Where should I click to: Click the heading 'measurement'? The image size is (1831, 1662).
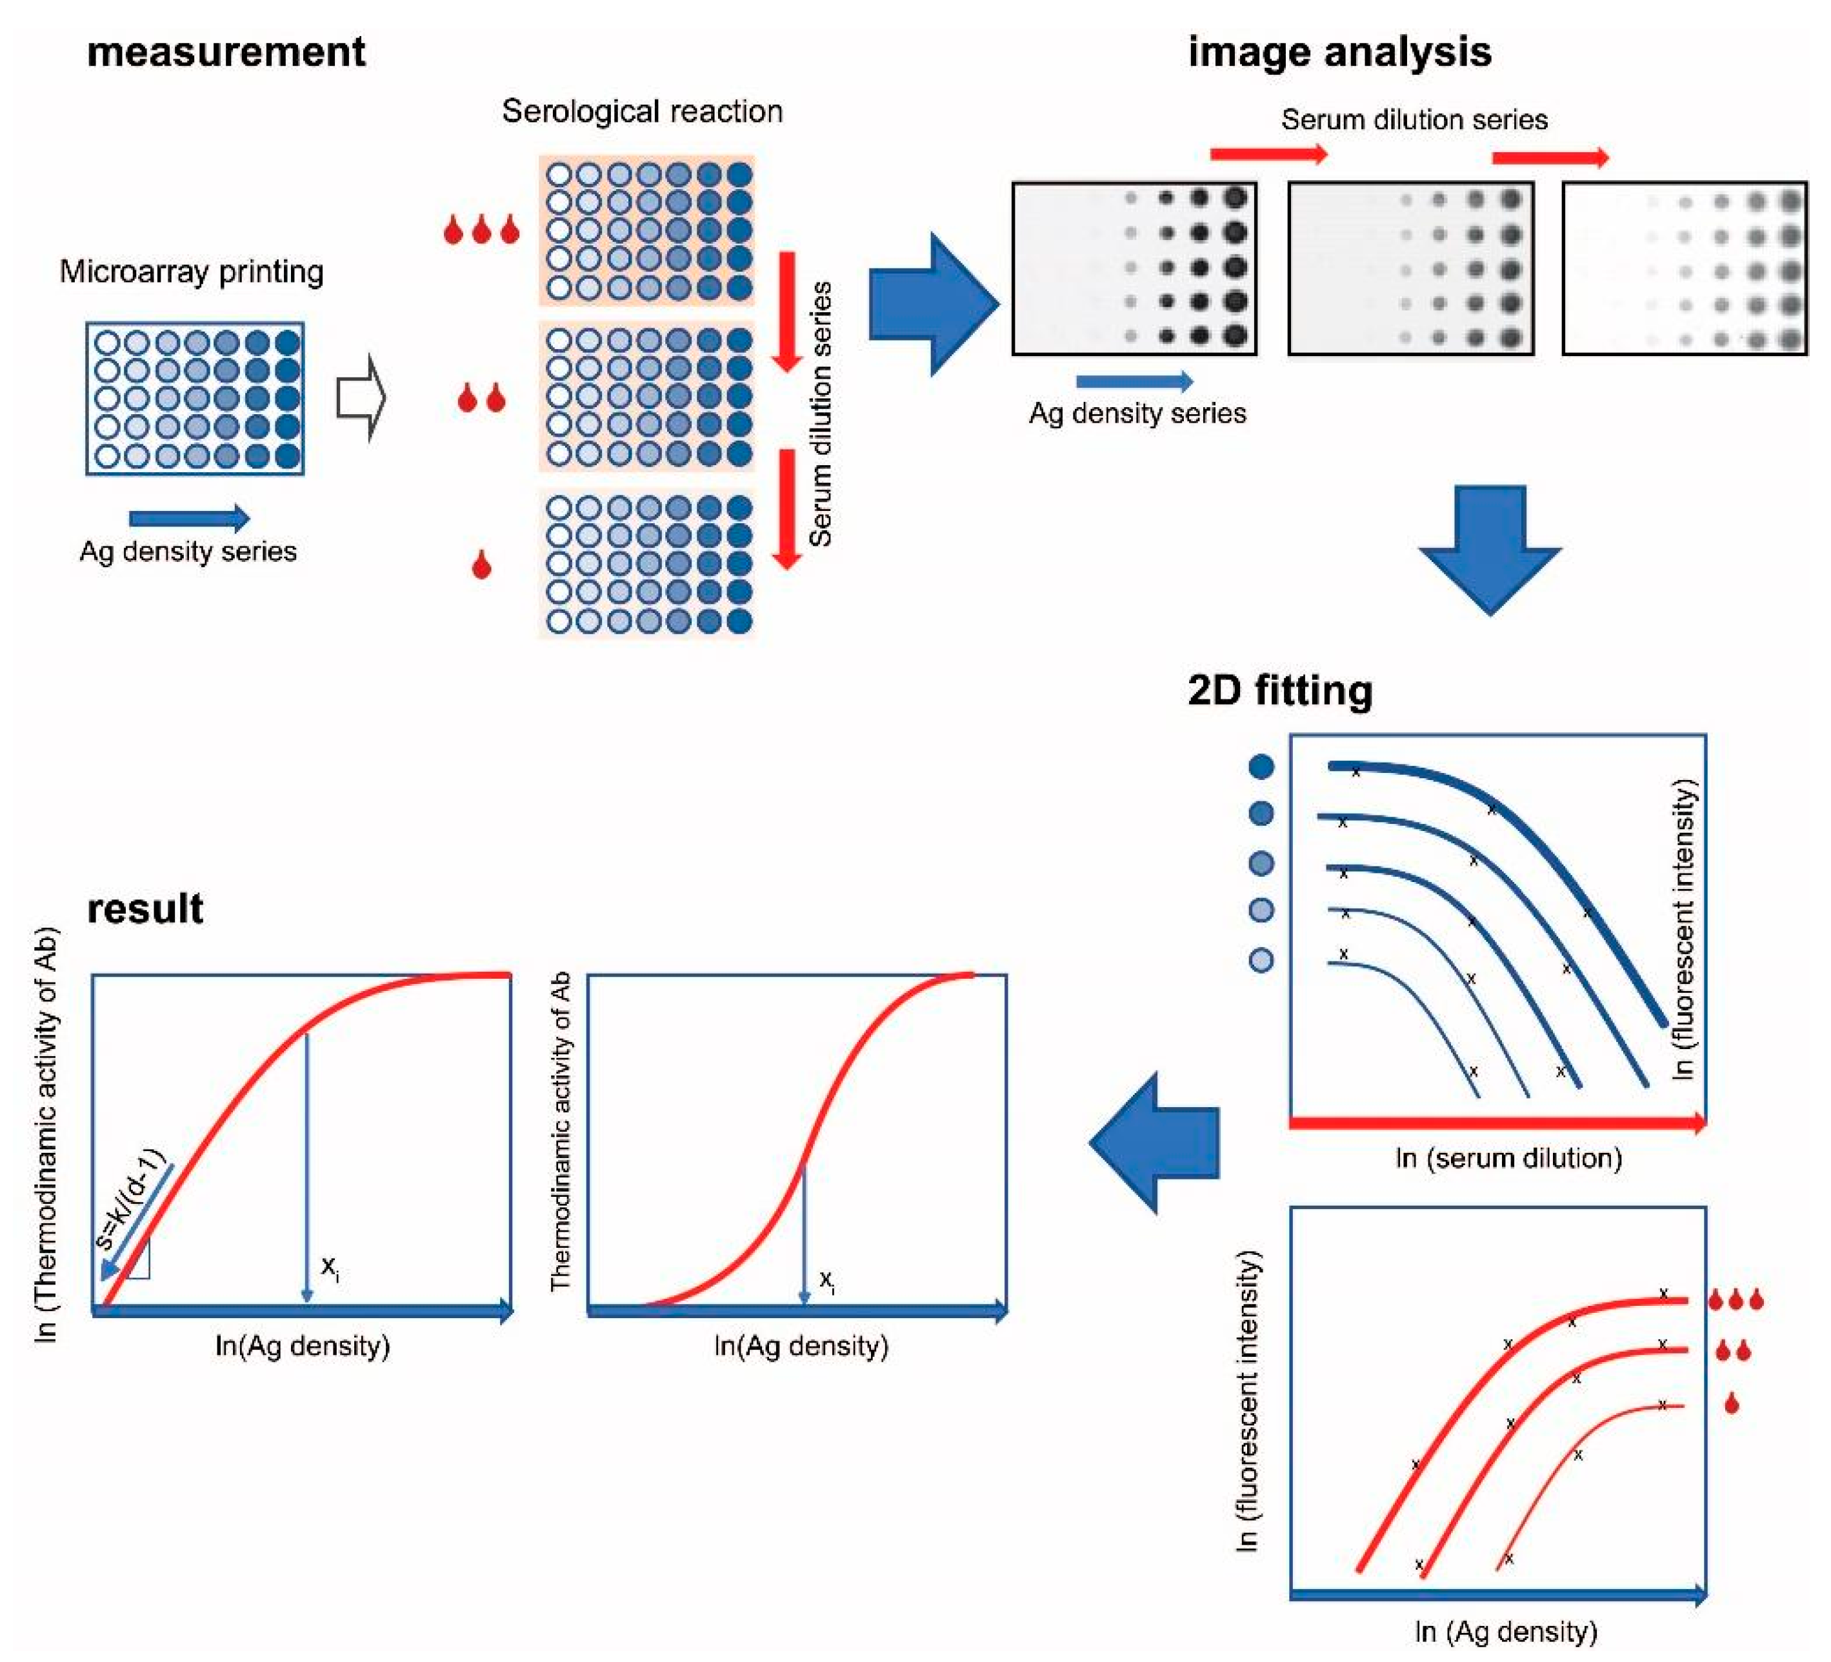click(x=226, y=52)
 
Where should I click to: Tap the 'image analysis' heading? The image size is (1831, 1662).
click(x=1339, y=52)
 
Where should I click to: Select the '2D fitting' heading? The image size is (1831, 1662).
click(x=1280, y=691)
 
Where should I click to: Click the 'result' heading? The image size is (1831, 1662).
click(x=145, y=909)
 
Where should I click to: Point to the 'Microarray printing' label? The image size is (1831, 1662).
click(x=192, y=272)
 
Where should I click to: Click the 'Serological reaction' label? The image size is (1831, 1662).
click(x=642, y=112)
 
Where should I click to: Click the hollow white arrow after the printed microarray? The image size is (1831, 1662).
click(x=361, y=398)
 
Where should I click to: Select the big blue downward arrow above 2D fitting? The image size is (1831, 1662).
click(x=1490, y=548)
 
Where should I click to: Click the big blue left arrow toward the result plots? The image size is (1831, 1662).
click(x=1154, y=1143)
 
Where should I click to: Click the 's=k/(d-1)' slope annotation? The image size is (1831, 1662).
click(x=134, y=1199)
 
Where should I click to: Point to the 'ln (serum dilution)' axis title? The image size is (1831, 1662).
click(x=1508, y=1158)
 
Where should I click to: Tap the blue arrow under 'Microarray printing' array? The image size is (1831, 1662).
click(x=189, y=519)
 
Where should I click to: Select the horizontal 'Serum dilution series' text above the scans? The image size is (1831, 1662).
click(x=1414, y=120)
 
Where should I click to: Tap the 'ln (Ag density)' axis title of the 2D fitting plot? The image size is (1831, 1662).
click(x=1506, y=1631)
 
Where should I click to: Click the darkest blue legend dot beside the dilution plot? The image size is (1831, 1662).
click(x=1261, y=766)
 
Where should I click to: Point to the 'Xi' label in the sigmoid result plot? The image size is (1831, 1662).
click(x=827, y=1281)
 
